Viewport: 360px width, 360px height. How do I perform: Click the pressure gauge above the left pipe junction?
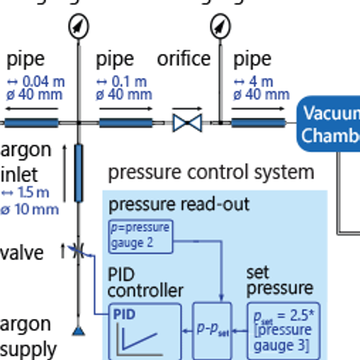click(x=78, y=26)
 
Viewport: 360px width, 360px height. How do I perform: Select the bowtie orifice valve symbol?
click(x=188, y=123)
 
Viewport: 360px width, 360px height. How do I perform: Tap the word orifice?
click(x=184, y=59)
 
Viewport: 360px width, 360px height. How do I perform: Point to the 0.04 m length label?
click(x=35, y=81)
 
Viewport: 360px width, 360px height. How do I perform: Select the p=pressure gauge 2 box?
click(x=141, y=237)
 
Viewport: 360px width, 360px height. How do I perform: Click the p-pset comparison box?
click(x=213, y=330)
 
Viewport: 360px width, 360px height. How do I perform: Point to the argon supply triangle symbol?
click(x=78, y=331)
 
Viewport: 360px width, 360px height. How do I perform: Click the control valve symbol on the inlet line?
click(x=78, y=250)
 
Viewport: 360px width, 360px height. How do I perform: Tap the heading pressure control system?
click(x=210, y=172)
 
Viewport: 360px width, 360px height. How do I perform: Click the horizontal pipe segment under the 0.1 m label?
click(x=126, y=123)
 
